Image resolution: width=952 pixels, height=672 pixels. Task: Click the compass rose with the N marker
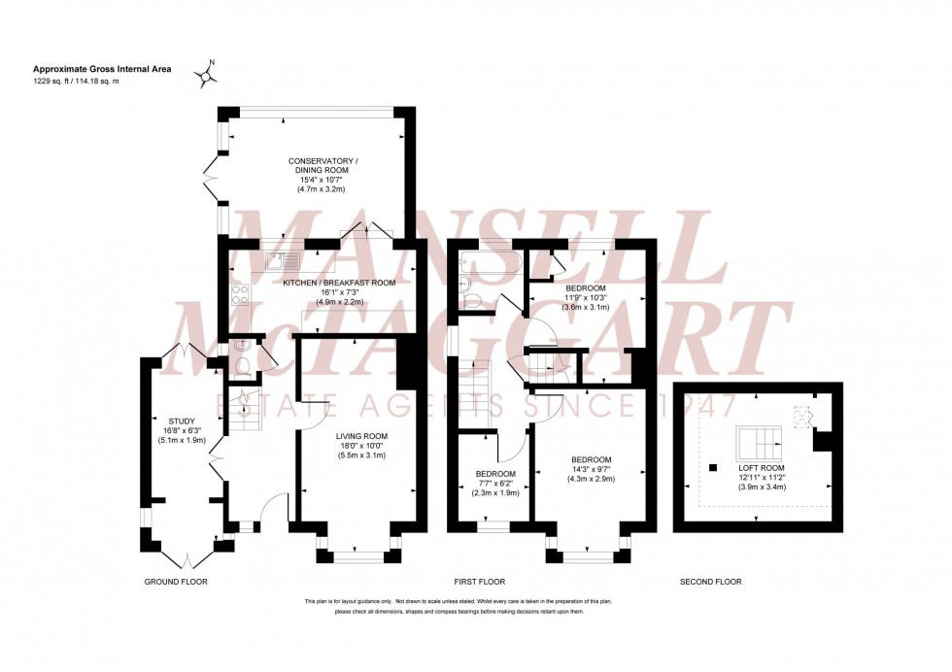(206, 74)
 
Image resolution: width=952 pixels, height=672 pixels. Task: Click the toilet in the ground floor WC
(244, 364)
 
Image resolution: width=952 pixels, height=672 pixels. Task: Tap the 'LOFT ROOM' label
(761, 467)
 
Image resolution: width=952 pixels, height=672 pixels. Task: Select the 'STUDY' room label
(181, 420)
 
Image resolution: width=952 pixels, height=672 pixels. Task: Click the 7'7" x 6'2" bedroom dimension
(496, 484)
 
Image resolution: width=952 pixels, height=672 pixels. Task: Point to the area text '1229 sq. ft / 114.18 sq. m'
(89, 81)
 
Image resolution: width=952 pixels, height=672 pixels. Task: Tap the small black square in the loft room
(713, 463)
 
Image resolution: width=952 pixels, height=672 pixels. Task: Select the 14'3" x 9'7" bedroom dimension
(591, 469)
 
